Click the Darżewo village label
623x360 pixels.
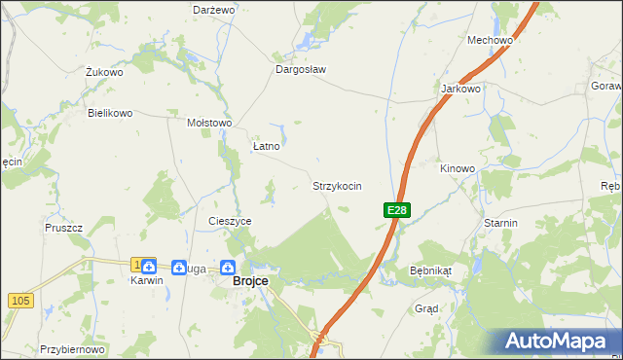[214, 9]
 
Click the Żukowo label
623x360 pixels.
[103, 72]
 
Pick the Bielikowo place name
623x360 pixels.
[109, 113]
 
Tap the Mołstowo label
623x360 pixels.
[208, 123]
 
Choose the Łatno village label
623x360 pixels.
[266, 146]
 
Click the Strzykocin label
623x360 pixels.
[337, 185]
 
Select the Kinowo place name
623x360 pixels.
[458, 168]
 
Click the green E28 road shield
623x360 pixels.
[396, 210]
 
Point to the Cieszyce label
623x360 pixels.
[230, 221]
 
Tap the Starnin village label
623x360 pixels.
[500, 223]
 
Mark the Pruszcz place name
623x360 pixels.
[63, 227]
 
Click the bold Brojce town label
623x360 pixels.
[250, 281]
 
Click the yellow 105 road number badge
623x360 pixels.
[18, 301]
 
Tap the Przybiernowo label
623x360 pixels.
[72, 348]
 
